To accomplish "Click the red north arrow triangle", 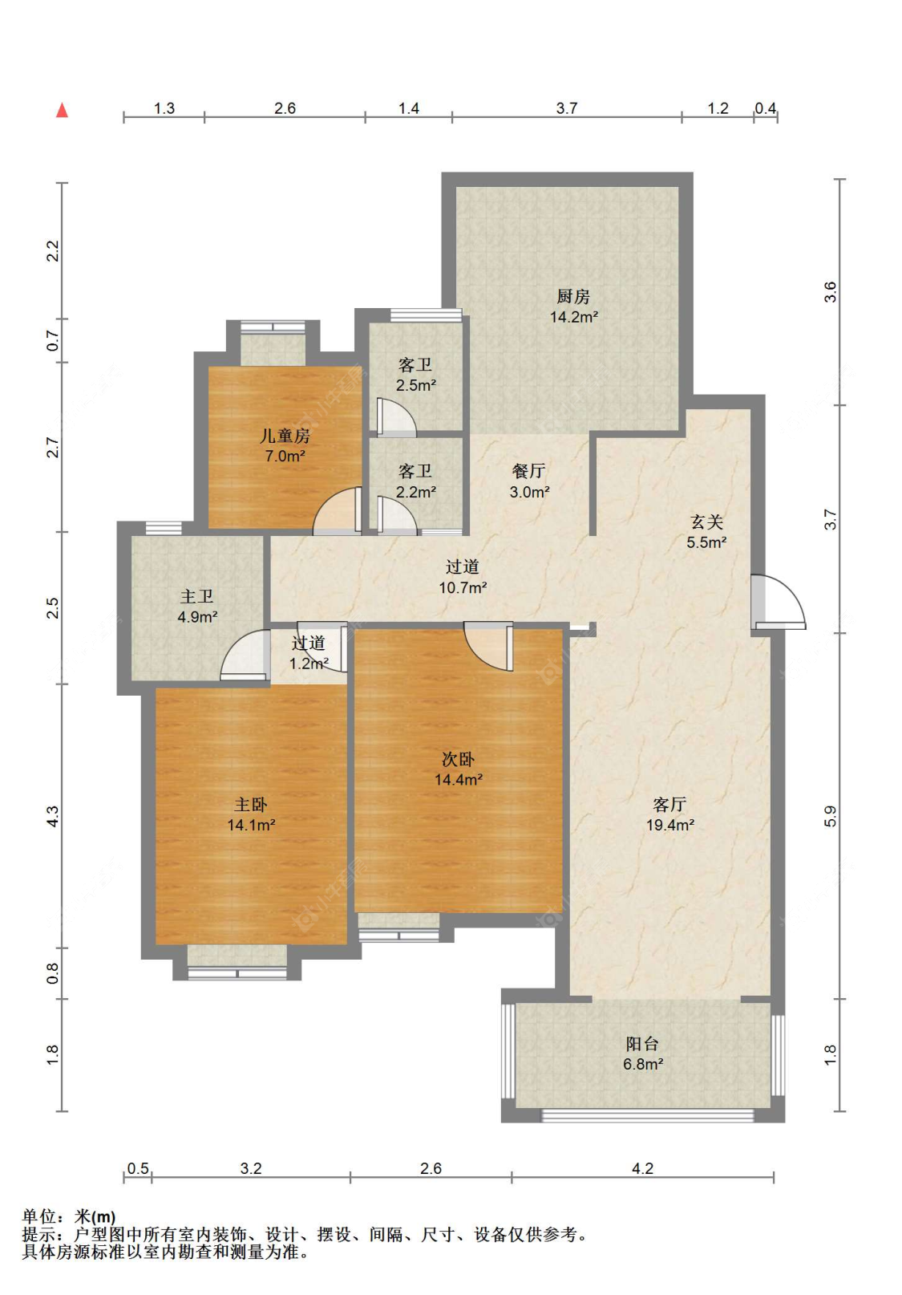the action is (62, 110).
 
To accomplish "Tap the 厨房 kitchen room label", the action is (573, 297).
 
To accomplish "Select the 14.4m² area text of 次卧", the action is (459, 779).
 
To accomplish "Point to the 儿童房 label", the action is (285, 436).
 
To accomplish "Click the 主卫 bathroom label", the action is (197, 596).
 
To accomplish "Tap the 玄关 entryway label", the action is (706, 522).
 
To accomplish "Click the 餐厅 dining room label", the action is (528, 471).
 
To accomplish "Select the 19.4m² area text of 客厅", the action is (670, 825).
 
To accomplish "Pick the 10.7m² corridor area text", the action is (463, 588).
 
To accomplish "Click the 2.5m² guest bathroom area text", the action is (415, 385).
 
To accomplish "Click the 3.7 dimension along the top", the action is (567, 108).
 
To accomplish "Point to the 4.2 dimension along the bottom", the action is (642, 1168).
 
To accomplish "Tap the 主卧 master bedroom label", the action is (251, 804).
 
